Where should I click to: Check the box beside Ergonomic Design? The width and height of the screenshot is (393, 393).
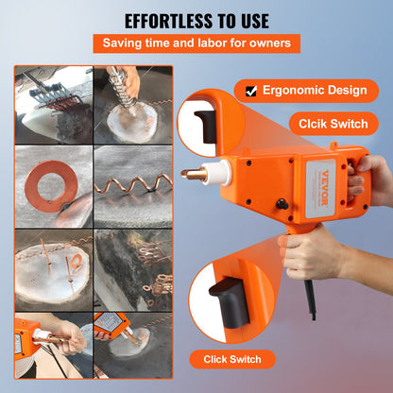[x=250, y=91]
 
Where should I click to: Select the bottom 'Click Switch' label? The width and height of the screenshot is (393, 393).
[x=232, y=359]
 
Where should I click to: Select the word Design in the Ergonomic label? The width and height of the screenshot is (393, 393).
[x=346, y=91]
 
